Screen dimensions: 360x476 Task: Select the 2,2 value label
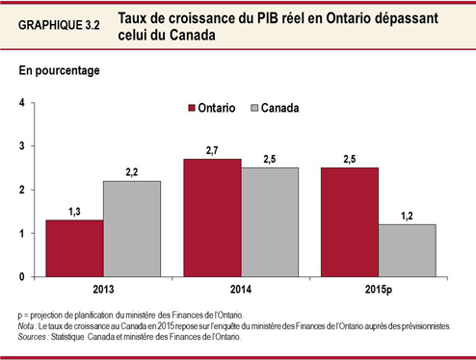[x=133, y=172]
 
